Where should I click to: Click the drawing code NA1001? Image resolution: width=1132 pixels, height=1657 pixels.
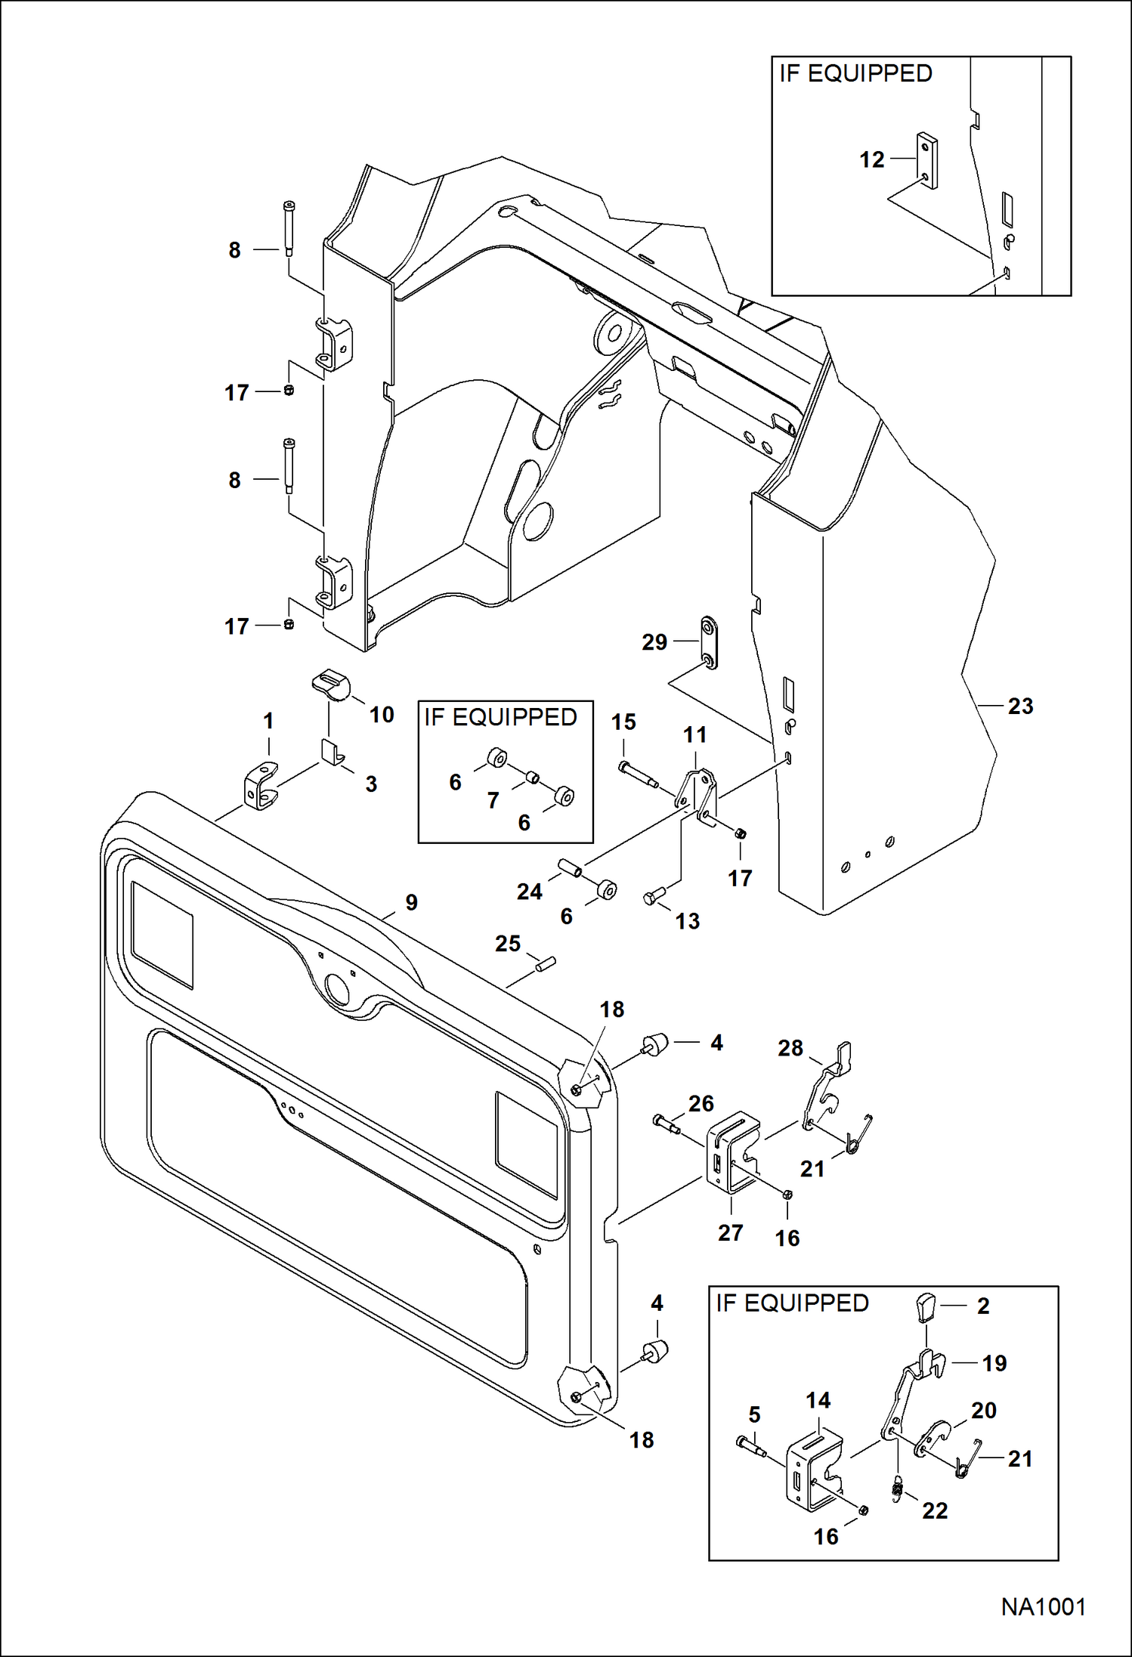point(1043,1607)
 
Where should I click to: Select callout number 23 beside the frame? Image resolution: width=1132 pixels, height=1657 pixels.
point(1020,706)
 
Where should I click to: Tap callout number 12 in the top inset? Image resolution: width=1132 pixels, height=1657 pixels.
point(871,159)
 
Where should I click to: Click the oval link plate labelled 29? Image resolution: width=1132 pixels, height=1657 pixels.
point(709,642)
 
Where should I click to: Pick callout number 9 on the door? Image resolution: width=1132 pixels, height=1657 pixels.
point(411,902)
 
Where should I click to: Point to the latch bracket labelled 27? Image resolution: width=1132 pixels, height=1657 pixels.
point(731,1153)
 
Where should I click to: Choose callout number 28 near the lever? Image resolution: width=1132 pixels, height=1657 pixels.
point(790,1048)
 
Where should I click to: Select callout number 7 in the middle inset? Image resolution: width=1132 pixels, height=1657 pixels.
point(493,799)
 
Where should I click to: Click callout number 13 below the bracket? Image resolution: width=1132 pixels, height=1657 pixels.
point(687,921)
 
